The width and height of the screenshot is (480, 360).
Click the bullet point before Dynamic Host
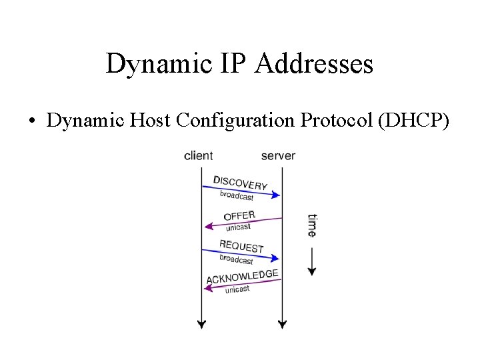pos(32,121)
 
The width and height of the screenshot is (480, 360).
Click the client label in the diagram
pos(198,156)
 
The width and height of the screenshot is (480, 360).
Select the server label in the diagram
pos(278,156)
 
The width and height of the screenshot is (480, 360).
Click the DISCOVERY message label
pos(241,182)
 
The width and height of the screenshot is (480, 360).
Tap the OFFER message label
pos(239,216)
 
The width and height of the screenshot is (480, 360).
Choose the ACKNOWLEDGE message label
pos(242,276)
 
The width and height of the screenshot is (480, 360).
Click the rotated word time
pos(312,225)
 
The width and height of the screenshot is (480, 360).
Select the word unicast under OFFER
pos(238,227)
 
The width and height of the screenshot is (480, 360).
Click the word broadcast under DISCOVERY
pos(237,195)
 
